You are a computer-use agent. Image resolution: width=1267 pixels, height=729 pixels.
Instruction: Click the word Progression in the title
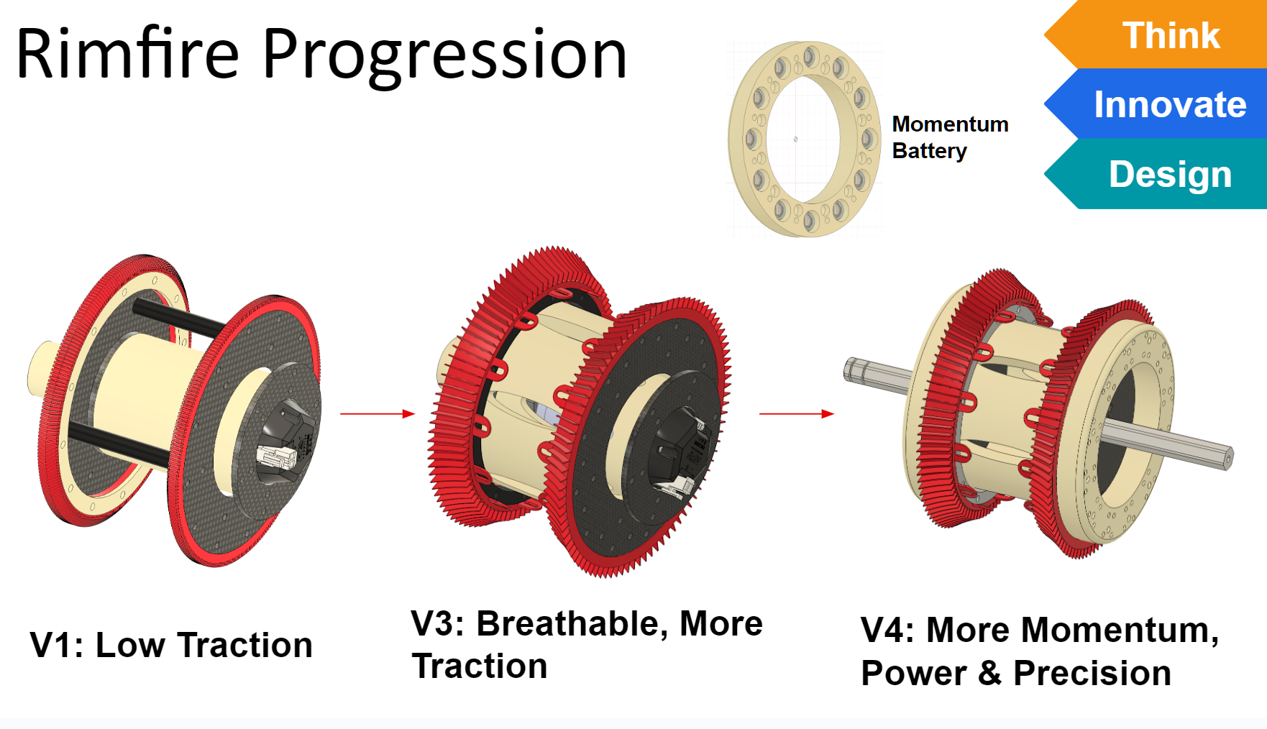pyautogui.click(x=445, y=56)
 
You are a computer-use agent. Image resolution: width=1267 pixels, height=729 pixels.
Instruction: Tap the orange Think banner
pyautogui.click(x=1156, y=35)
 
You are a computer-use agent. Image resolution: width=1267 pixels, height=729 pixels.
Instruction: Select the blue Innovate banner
pyautogui.click(x=1156, y=104)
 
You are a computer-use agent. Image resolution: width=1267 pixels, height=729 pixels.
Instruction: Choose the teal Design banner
pyautogui.click(x=1156, y=173)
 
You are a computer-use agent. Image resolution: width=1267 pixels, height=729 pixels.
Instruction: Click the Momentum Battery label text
pyautogui.click(x=950, y=137)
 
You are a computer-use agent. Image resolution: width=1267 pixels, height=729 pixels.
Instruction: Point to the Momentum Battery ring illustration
pyautogui.click(x=741, y=137)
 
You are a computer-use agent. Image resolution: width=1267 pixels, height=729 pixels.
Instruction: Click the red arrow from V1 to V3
pyautogui.click(x=378, y=413)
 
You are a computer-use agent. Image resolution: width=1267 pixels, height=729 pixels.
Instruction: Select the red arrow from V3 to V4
pyautogui.click(x=797, y=413)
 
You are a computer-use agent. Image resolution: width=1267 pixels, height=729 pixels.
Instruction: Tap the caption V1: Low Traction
pyautogui.click(x=171, y=645)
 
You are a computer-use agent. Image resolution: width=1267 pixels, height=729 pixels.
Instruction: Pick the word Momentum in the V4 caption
pyautogui.click(x=1120, y=630)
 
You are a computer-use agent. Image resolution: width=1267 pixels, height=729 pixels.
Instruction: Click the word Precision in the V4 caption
pyautogui.click(x=1092, y=674)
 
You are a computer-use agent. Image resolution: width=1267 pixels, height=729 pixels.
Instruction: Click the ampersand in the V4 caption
pyautogui.click(x=989, y=674)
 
